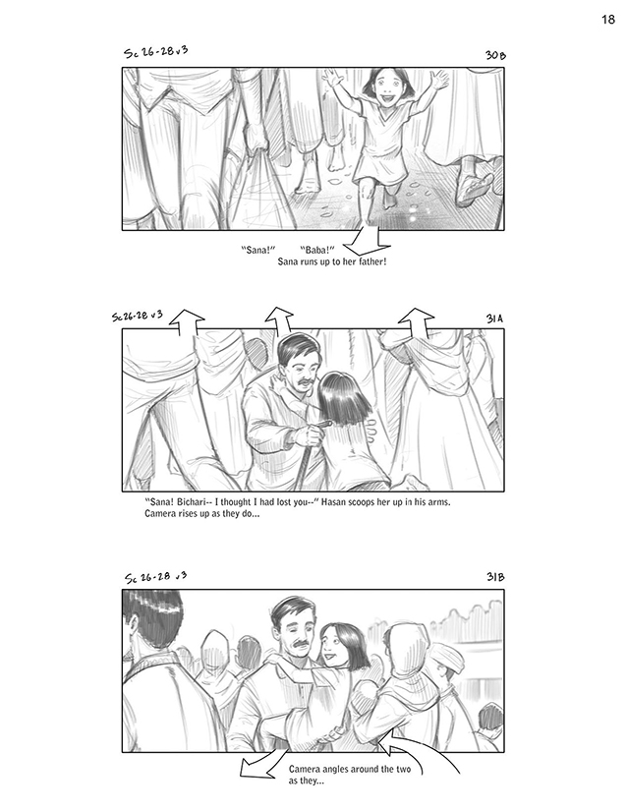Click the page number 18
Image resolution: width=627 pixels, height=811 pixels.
(x=608, y=20)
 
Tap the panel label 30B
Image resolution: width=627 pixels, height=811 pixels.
(x=494, y=55)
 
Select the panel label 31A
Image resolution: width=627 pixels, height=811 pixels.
(x=494, y=319)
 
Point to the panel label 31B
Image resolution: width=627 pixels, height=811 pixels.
(x=494, y=577)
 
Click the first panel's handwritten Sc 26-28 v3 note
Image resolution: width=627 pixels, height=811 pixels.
(x=155, y=52)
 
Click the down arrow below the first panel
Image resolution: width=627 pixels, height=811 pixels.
(x=368, y=240)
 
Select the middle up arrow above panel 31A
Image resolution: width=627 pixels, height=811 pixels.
(x=279, y=319)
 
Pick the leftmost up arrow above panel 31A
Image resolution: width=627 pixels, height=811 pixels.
(x=187, y=321)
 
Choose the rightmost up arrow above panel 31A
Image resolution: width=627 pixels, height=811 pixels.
(x=416, y=321)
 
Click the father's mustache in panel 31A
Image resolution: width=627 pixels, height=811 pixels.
(x=305, y=382)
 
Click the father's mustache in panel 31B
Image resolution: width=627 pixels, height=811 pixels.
(x=301, y=645)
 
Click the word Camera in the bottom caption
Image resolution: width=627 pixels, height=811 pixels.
(x=306, y=769)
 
